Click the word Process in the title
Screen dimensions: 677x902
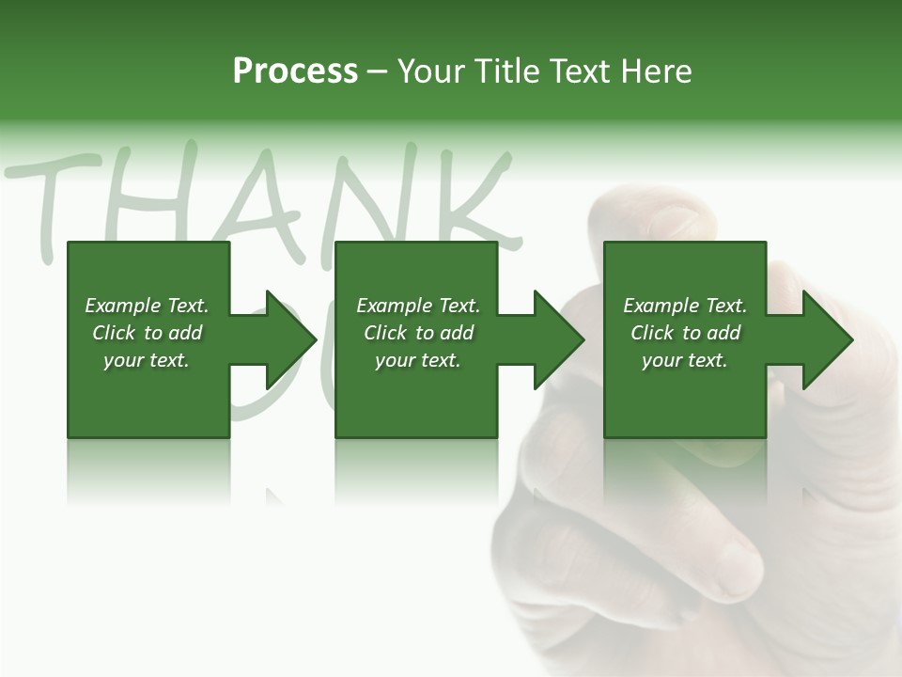click(x=295, y=71)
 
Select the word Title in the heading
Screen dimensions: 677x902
click(x=505, y=71)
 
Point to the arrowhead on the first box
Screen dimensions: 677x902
click(x=286, y=339)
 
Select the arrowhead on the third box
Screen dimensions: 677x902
click(x=823, y=339)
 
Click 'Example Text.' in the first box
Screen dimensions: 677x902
click(x=147, y=306)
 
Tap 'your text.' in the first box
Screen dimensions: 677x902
click(x=147, y=360)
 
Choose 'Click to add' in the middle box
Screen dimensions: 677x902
click(x=418, y=333)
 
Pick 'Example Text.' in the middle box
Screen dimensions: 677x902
click(x=418, y=306)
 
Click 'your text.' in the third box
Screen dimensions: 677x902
click(x=685, y=360)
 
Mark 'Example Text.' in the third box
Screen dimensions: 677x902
click(x=685, y=306)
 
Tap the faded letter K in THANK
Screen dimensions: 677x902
click(x=470, y=202)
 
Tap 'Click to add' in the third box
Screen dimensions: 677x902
click(x=685, y=333)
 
